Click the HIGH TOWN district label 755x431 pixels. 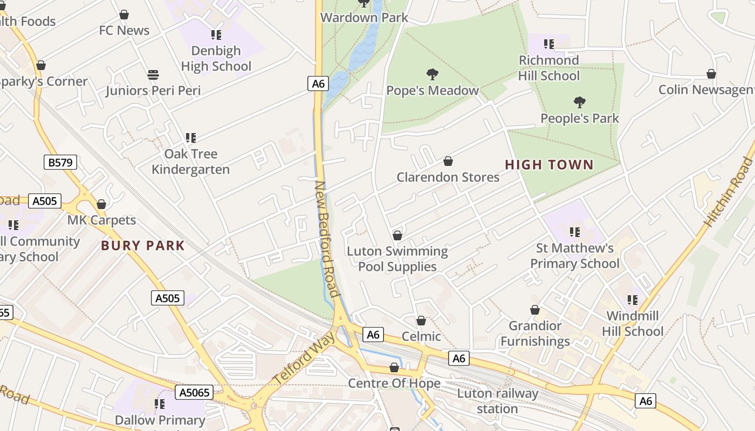(549, 165)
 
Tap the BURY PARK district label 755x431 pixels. (143, 246)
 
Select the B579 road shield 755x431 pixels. (60, 162)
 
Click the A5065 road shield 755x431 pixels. (194, 392)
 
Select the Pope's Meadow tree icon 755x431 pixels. (432, 74)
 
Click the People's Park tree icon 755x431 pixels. (580, 102)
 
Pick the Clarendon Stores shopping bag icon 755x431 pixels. (448, 161)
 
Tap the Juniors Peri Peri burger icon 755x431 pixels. (153, 74)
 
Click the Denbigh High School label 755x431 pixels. (216, 59)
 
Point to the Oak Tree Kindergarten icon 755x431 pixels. (190, 138)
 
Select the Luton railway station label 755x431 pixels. (497, 401)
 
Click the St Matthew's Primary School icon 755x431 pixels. (575, 232)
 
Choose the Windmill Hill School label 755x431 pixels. (633, 323)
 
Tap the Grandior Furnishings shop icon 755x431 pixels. (535, 310)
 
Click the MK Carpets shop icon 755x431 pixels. (101, 204)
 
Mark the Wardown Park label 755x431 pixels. (365, 17)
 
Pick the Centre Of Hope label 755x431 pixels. (394, 384)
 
